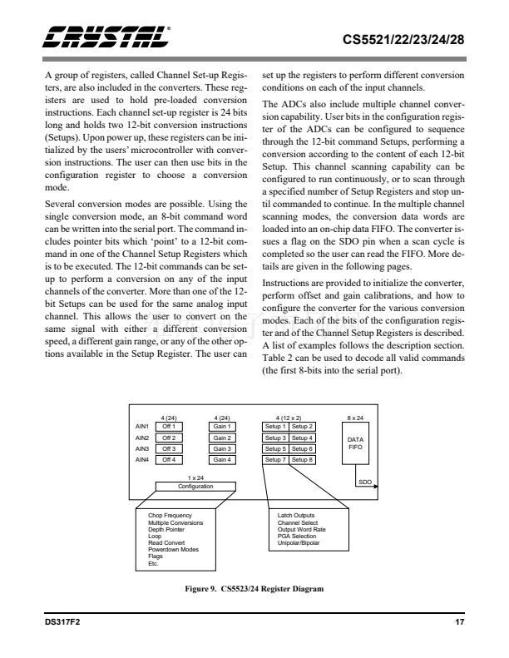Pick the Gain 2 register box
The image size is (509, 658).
[221, 437]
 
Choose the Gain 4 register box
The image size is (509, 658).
[221, 458]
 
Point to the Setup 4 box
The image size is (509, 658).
[302, 437]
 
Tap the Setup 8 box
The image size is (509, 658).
[302, 458]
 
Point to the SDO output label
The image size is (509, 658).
[364, 481]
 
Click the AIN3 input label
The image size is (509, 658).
[142, 448]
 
